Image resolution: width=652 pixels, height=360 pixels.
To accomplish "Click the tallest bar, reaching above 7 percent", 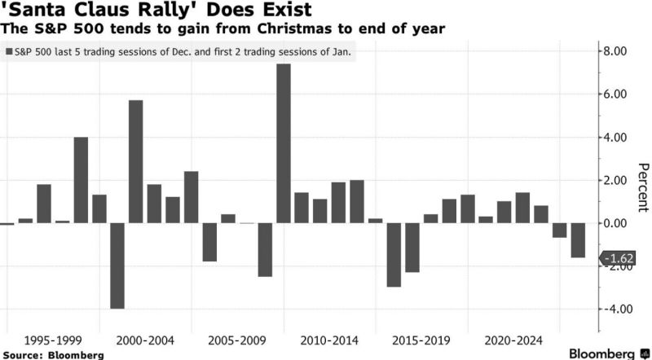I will pos(284,143).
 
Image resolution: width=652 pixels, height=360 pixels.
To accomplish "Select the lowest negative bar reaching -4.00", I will pos(117,266).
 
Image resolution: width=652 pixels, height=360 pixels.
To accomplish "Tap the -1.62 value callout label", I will pos(618,258).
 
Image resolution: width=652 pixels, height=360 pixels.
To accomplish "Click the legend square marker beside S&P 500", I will pos(9,51).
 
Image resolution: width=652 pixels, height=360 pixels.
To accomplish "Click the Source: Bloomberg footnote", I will pos(52,355).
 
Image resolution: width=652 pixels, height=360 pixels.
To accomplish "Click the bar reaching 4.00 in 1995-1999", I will pos(81,180).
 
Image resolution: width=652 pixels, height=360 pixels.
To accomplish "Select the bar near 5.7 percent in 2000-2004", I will pos(136,161).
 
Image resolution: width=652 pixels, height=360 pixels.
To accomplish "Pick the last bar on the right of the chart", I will pos(578,240).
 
